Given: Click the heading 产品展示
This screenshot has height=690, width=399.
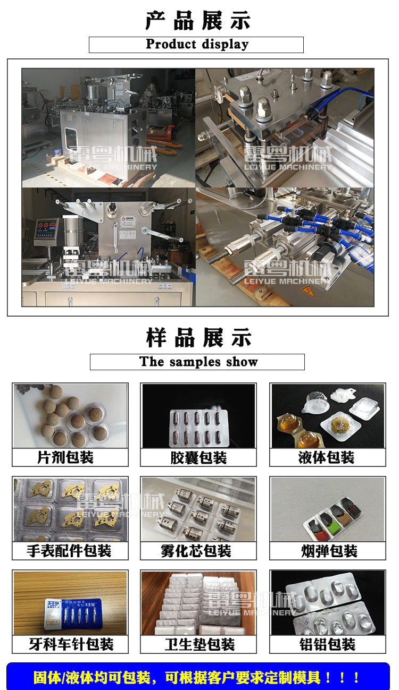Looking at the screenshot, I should tap(198, 21).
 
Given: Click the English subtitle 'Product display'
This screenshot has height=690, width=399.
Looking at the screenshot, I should tap(197, 44).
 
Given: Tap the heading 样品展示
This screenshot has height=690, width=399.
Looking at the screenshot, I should tap(198, 337).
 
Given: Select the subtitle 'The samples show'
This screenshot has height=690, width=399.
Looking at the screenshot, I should tap(198, 362).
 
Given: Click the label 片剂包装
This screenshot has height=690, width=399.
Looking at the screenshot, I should tap(69, 457).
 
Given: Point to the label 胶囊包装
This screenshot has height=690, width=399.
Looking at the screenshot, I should tap(198, 457).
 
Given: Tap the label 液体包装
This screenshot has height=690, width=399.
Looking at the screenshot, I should tap(327, 457).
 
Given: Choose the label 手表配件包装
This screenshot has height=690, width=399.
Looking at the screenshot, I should tap(69, 551).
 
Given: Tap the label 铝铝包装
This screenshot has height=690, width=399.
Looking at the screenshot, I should tap(327, 644).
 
